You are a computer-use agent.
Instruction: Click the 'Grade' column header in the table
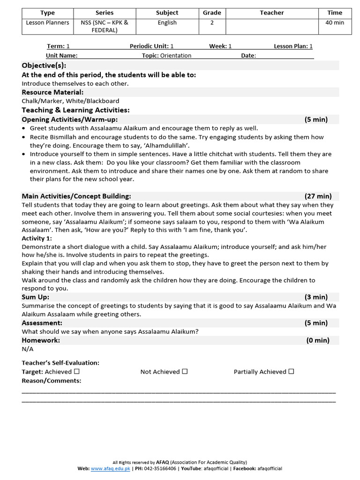coord(212,13)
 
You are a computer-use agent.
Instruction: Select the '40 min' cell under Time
coord(335,22)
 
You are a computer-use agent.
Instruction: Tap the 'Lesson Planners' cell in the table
coord(47,22)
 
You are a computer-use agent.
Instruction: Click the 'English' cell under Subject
coord(167,22)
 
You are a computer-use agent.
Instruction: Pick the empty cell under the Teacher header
coord(272,26)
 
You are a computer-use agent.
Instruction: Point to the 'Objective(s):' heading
coord(44,65)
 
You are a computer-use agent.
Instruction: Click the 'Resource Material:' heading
coord(52,92)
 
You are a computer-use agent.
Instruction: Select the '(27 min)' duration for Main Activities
coord(318,196)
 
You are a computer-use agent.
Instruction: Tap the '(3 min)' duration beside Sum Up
coord(316,297)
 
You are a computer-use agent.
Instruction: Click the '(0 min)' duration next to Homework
coord(318,340)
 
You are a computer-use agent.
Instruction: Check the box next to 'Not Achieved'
coord(185,371)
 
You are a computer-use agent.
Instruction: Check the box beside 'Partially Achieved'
coord(291,371)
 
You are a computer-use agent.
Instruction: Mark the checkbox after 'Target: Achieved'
coord(77,371)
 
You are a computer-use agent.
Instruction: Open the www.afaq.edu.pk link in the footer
coord(110,468)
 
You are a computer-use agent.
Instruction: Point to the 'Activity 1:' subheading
coord(37,239)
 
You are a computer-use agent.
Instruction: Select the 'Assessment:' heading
coord(42,323)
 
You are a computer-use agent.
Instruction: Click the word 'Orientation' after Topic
coord(176,55)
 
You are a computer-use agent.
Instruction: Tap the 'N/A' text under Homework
coord(28,349)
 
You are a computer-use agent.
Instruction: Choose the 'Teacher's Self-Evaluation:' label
coord(60,363)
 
